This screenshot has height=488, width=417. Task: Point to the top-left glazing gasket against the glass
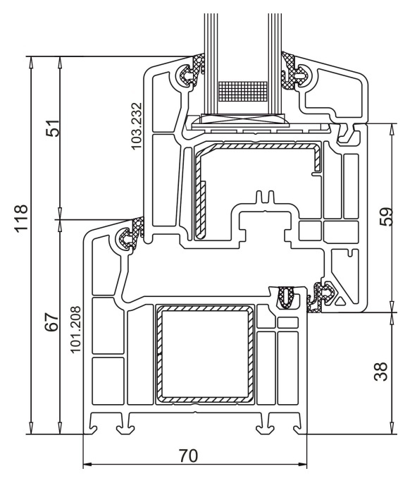click(189, 73)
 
